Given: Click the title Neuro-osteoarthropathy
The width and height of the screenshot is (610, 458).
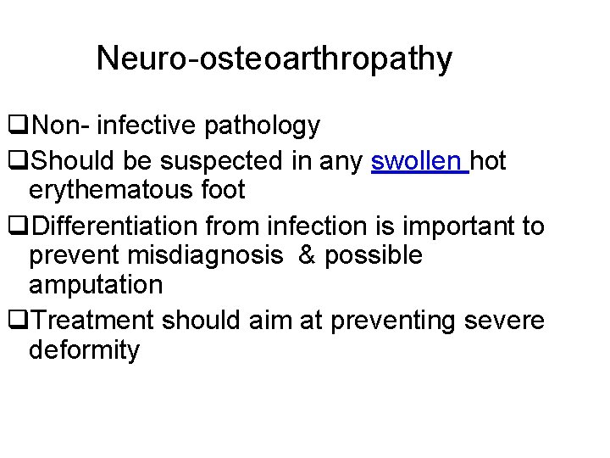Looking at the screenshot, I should coord(274,59).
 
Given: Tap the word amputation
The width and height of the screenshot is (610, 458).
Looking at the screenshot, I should coord(95,285).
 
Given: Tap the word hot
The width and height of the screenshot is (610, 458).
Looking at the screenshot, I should coord(489,160).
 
